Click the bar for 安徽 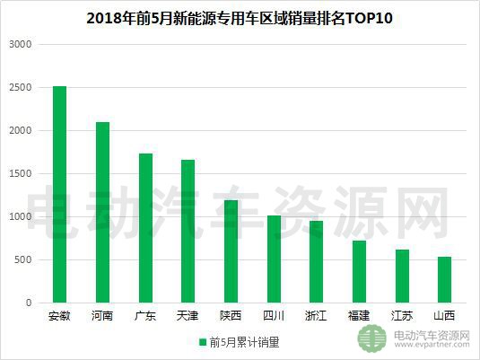[x=60, y=195]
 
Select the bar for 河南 [x=102, y=213]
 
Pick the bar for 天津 [x=188, y=232]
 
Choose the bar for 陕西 [x=231, y=251]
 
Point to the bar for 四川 [x=273, y=259]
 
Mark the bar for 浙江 [x=316, y=262]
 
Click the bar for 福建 [x=358, y=272]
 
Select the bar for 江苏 [x=401, y=277]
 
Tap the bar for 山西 [x=443, y=280]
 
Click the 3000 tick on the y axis [x=19, y=44]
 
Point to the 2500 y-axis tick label [x=19, y=87]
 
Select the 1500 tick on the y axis [x=19, y=174]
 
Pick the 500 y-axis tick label [x=22, y=260]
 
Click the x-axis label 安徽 [x=60, y=316]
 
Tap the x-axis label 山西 [x=443, y=316]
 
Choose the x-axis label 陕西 [x=231, y=316]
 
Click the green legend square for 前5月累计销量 [x=203, y=342]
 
